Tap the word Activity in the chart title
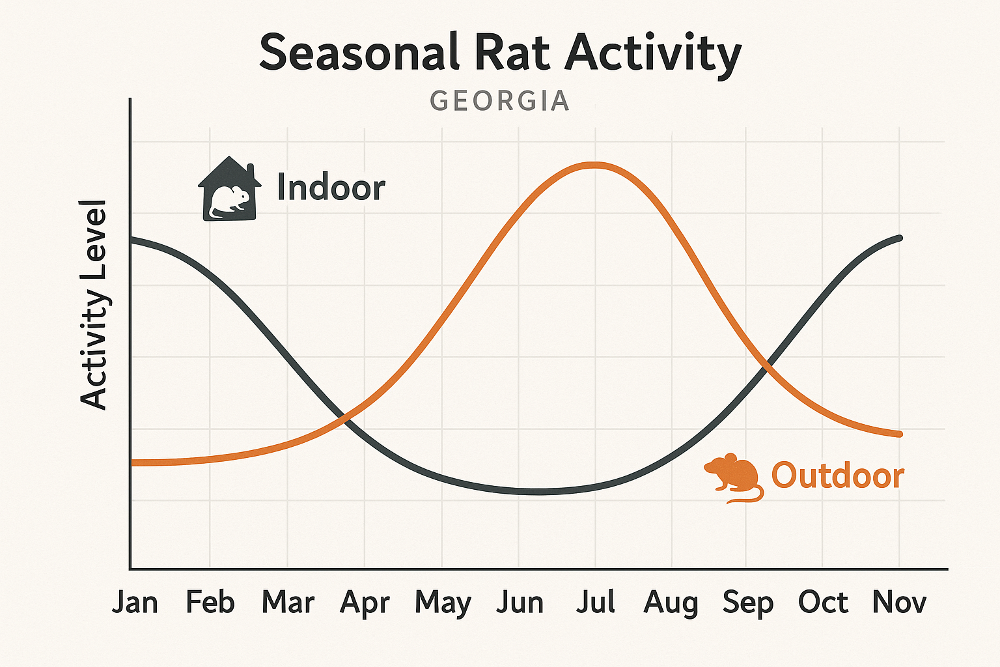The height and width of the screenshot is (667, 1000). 653,53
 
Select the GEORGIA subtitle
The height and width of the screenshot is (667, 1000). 500,101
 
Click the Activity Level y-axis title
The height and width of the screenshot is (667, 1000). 94,305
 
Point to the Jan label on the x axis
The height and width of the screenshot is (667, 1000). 135,602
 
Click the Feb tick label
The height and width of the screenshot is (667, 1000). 210,602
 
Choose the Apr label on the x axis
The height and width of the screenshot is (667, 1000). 365,603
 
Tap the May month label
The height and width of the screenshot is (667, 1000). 443,603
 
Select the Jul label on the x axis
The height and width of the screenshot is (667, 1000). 595,602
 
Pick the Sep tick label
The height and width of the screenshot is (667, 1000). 747,603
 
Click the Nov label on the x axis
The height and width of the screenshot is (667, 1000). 899,602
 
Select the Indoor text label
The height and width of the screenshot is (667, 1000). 331,188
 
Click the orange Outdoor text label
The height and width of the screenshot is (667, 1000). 837,475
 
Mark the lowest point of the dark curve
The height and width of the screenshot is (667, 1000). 539,492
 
